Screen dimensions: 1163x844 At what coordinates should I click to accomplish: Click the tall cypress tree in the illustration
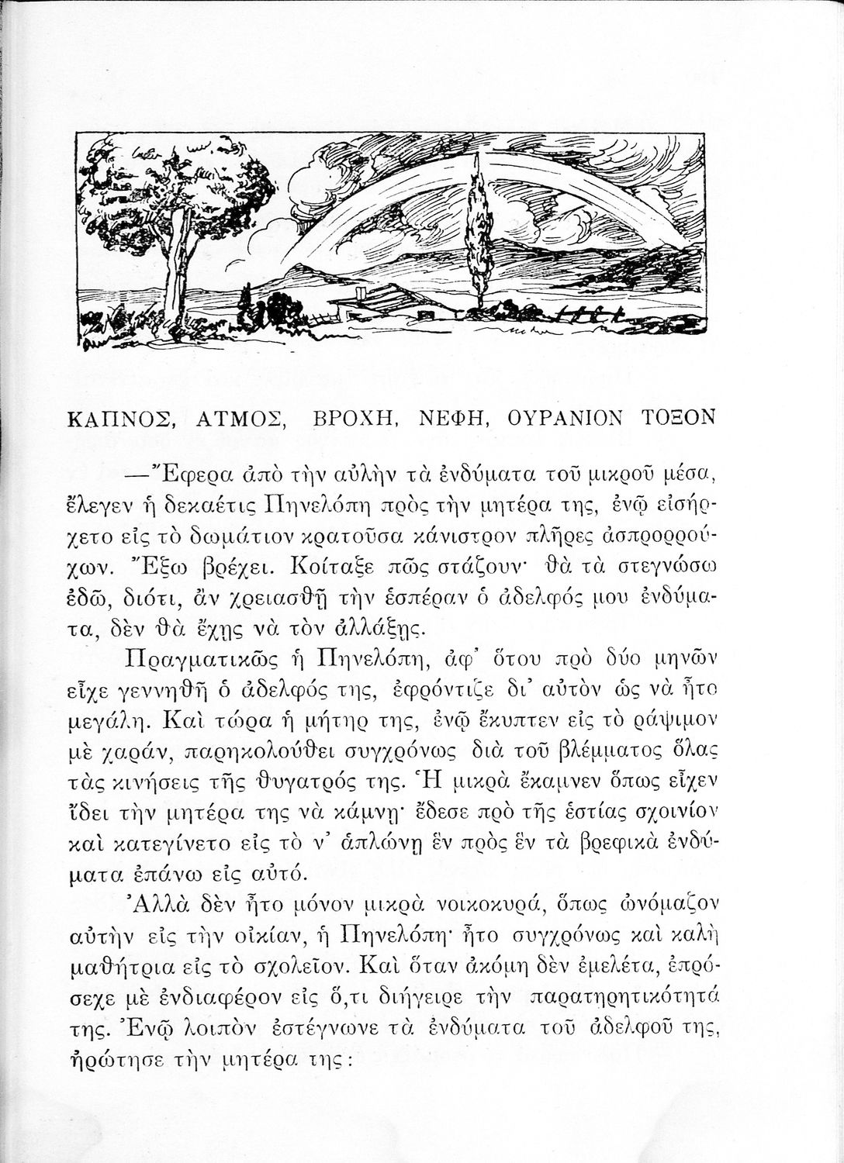[x=479, y=233]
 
